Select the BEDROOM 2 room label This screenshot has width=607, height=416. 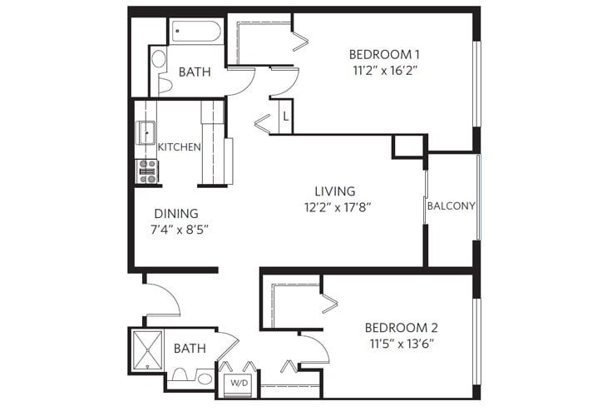401,327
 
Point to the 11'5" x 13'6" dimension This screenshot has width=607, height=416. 401,343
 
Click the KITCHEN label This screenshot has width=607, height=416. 180,147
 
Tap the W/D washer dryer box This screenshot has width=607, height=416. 239,384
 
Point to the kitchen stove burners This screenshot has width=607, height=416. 147,171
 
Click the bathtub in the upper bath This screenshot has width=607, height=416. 196,32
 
